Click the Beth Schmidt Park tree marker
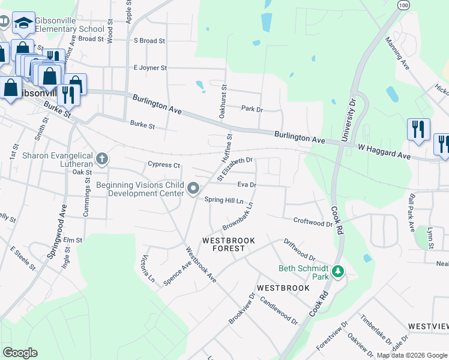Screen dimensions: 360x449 [339, 272]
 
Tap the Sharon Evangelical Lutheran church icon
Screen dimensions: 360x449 [102, 159]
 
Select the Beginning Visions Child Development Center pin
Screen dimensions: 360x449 [193, 189]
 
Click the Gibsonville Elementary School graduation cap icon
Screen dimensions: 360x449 [23, 23]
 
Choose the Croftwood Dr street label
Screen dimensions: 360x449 [313, 223]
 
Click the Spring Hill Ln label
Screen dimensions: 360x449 [224, 200]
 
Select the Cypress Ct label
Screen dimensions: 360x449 [164, 164]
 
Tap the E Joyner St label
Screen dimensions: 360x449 [150, 68]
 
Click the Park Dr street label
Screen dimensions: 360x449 [252, 109]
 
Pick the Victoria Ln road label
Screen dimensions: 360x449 [148, 269]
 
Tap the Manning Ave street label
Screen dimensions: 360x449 [397, 53]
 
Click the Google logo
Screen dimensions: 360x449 [20, 353]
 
